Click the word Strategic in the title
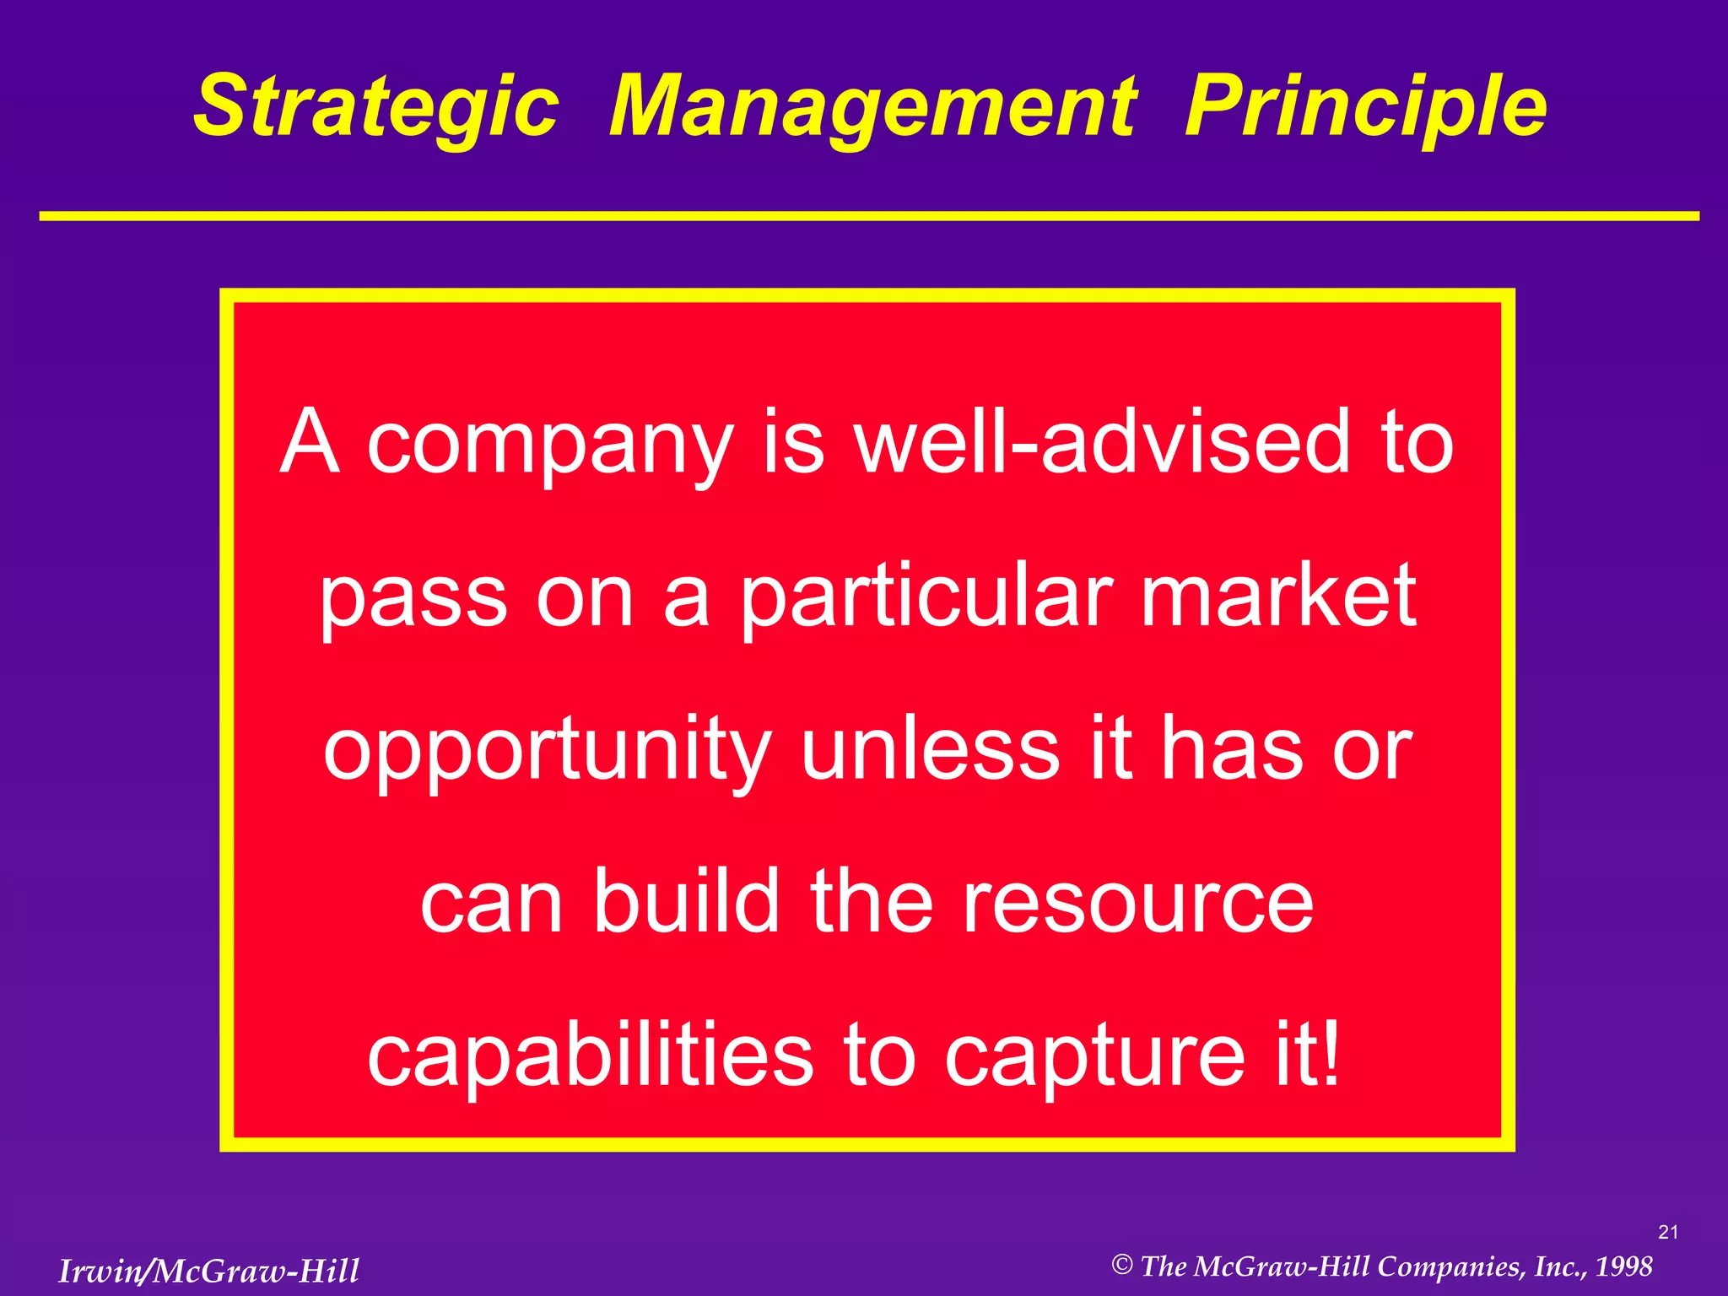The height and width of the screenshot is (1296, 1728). [376, 108]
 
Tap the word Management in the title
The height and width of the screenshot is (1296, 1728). [872, 108]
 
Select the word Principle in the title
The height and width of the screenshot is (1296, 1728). [1365, 108]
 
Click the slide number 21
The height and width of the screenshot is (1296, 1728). [1667, 1233]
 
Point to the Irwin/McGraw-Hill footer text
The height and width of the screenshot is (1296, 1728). [208, 1271]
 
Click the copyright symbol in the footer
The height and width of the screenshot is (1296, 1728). [1121, 1265]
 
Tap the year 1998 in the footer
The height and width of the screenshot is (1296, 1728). [1623, 1266]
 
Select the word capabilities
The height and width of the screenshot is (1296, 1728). [591, 1057]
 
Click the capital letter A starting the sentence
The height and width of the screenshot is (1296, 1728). [310, 442]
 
